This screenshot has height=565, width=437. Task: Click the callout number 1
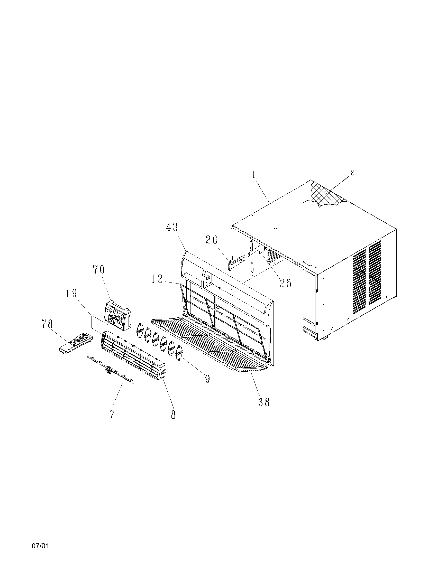tap(254, 175)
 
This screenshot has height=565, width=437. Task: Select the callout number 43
tap(172, 227)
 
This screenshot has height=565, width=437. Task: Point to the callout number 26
tap(212, 240)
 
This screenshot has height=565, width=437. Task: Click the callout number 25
tap(285, 283)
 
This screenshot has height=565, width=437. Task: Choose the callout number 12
tap(157, 279)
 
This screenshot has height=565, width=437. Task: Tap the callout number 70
tap(99, 270)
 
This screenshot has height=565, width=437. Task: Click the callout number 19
tap(71, 293)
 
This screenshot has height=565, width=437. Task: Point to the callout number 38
tap(264, 402)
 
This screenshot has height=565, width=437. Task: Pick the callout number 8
tap(173, 415)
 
